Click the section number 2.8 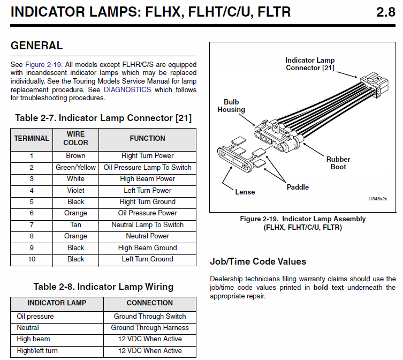[385, 12]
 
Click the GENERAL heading [36, 46]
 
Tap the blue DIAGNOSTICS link [127, 89]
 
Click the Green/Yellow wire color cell [75, 167]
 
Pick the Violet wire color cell [75, 190]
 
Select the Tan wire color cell [75, 224]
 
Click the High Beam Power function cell [147, 179]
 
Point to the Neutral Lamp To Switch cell [147, 224]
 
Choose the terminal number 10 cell [32, 259]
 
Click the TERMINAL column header [32, 138]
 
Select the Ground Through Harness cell [150, 327]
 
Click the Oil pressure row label [35, 316]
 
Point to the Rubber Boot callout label [338, 163]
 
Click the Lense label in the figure [245, 192]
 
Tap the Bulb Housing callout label [231, 106]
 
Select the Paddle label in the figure [298, 187]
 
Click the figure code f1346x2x [377, 198]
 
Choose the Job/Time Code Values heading [258, 261]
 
